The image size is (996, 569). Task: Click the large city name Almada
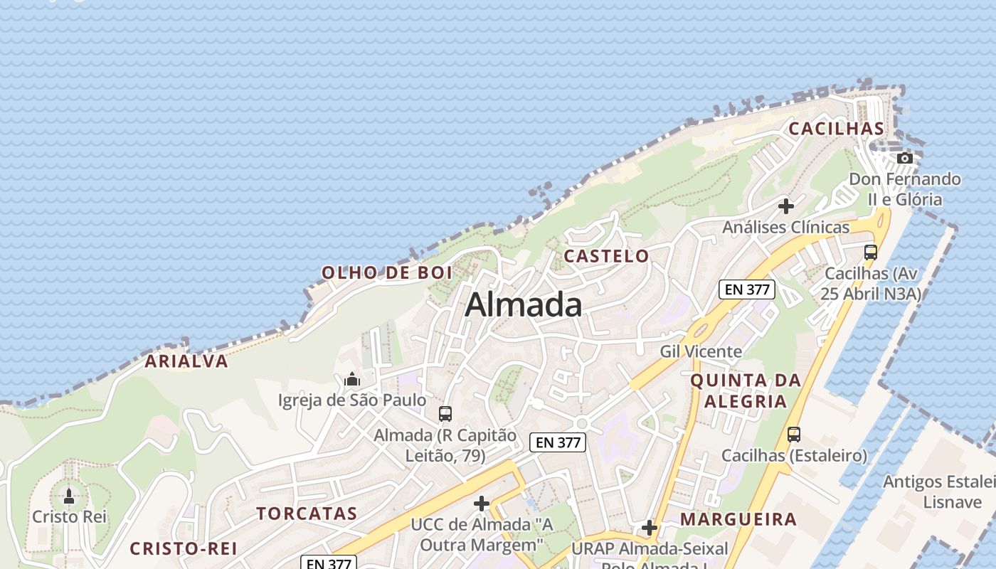coord(524,304)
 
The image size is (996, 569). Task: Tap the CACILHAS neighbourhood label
coord(837,129)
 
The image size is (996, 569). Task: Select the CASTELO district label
coord(607,256)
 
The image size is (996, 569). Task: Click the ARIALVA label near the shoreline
coord(186,361)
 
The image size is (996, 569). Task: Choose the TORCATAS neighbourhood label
coord(307,514)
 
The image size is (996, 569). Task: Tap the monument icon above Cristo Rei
coord(69,496)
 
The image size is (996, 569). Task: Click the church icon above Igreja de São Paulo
coord(352,380)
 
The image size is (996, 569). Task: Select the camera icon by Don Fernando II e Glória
coord(905,158)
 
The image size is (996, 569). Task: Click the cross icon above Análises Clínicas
coord(786,206)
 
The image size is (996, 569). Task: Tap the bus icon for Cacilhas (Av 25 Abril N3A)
coord(871,252)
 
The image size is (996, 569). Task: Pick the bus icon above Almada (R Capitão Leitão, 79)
coord(445,413)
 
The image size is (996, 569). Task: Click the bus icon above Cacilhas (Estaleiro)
coord(794,434)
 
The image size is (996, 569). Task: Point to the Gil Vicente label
coord(701,351)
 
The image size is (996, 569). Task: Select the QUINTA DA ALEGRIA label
coord(746,390)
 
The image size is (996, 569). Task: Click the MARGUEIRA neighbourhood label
coord(738,519)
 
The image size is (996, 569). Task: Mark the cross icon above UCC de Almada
coord(482,504)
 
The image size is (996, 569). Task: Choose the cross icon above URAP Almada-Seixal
coord(650,528)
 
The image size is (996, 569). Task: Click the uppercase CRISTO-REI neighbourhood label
coord(184,548)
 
